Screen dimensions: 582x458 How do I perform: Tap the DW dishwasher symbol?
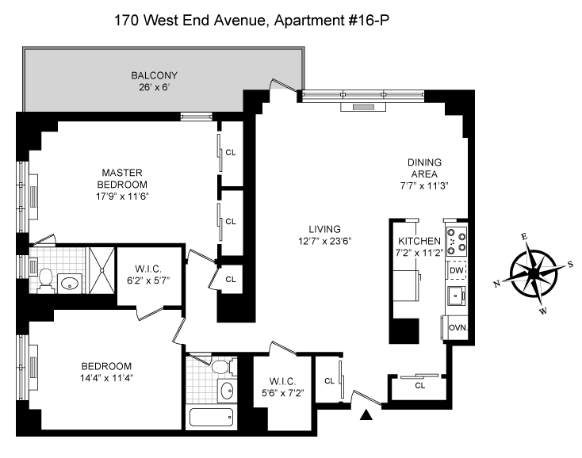point(456,271)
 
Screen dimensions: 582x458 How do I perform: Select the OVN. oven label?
point(456,326)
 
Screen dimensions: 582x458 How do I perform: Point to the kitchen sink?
point(456,297)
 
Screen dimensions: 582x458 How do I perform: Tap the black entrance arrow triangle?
point(366,414)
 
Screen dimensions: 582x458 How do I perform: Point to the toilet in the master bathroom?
point(45,278)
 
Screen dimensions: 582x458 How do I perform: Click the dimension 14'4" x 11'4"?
point(105,378)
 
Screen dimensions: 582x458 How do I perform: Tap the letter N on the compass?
point(496,282)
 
